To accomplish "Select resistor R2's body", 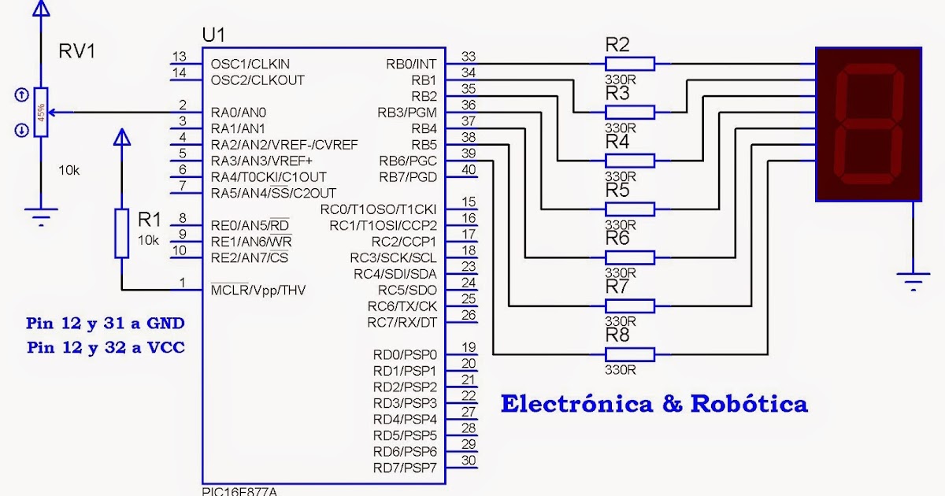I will pyautogui.click(x=629, y=63).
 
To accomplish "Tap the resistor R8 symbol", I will pyautogui.click(x=629, y=353).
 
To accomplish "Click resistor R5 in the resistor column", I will pyautogui.click(x=629, y=209).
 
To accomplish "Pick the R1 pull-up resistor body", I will pyautogui.click(x=121, y=233).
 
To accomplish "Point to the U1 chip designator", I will pyautogui.click(x=213, y=35).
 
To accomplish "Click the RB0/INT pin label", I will pyautogui.click(x=411, y=64).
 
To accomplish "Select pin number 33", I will pyautogui.click(x=469, y=57).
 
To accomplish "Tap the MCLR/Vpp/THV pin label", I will pyautogui.click(x=258, y=291).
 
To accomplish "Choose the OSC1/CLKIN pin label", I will pyautogui.click(x=250, y=64).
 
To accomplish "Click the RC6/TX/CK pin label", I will pyautogui.click(x=402, y=306).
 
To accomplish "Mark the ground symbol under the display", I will pyautogui.click(x=913, y=279).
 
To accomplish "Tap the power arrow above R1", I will pyautogui.click(x=121, y=139).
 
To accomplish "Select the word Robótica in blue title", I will pyautogui.click(x=748, y=405).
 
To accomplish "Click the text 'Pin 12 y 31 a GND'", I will pyautogui.click(x=106, y=324).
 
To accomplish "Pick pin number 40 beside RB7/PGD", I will pyautogui.click(x=469, y=170).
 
